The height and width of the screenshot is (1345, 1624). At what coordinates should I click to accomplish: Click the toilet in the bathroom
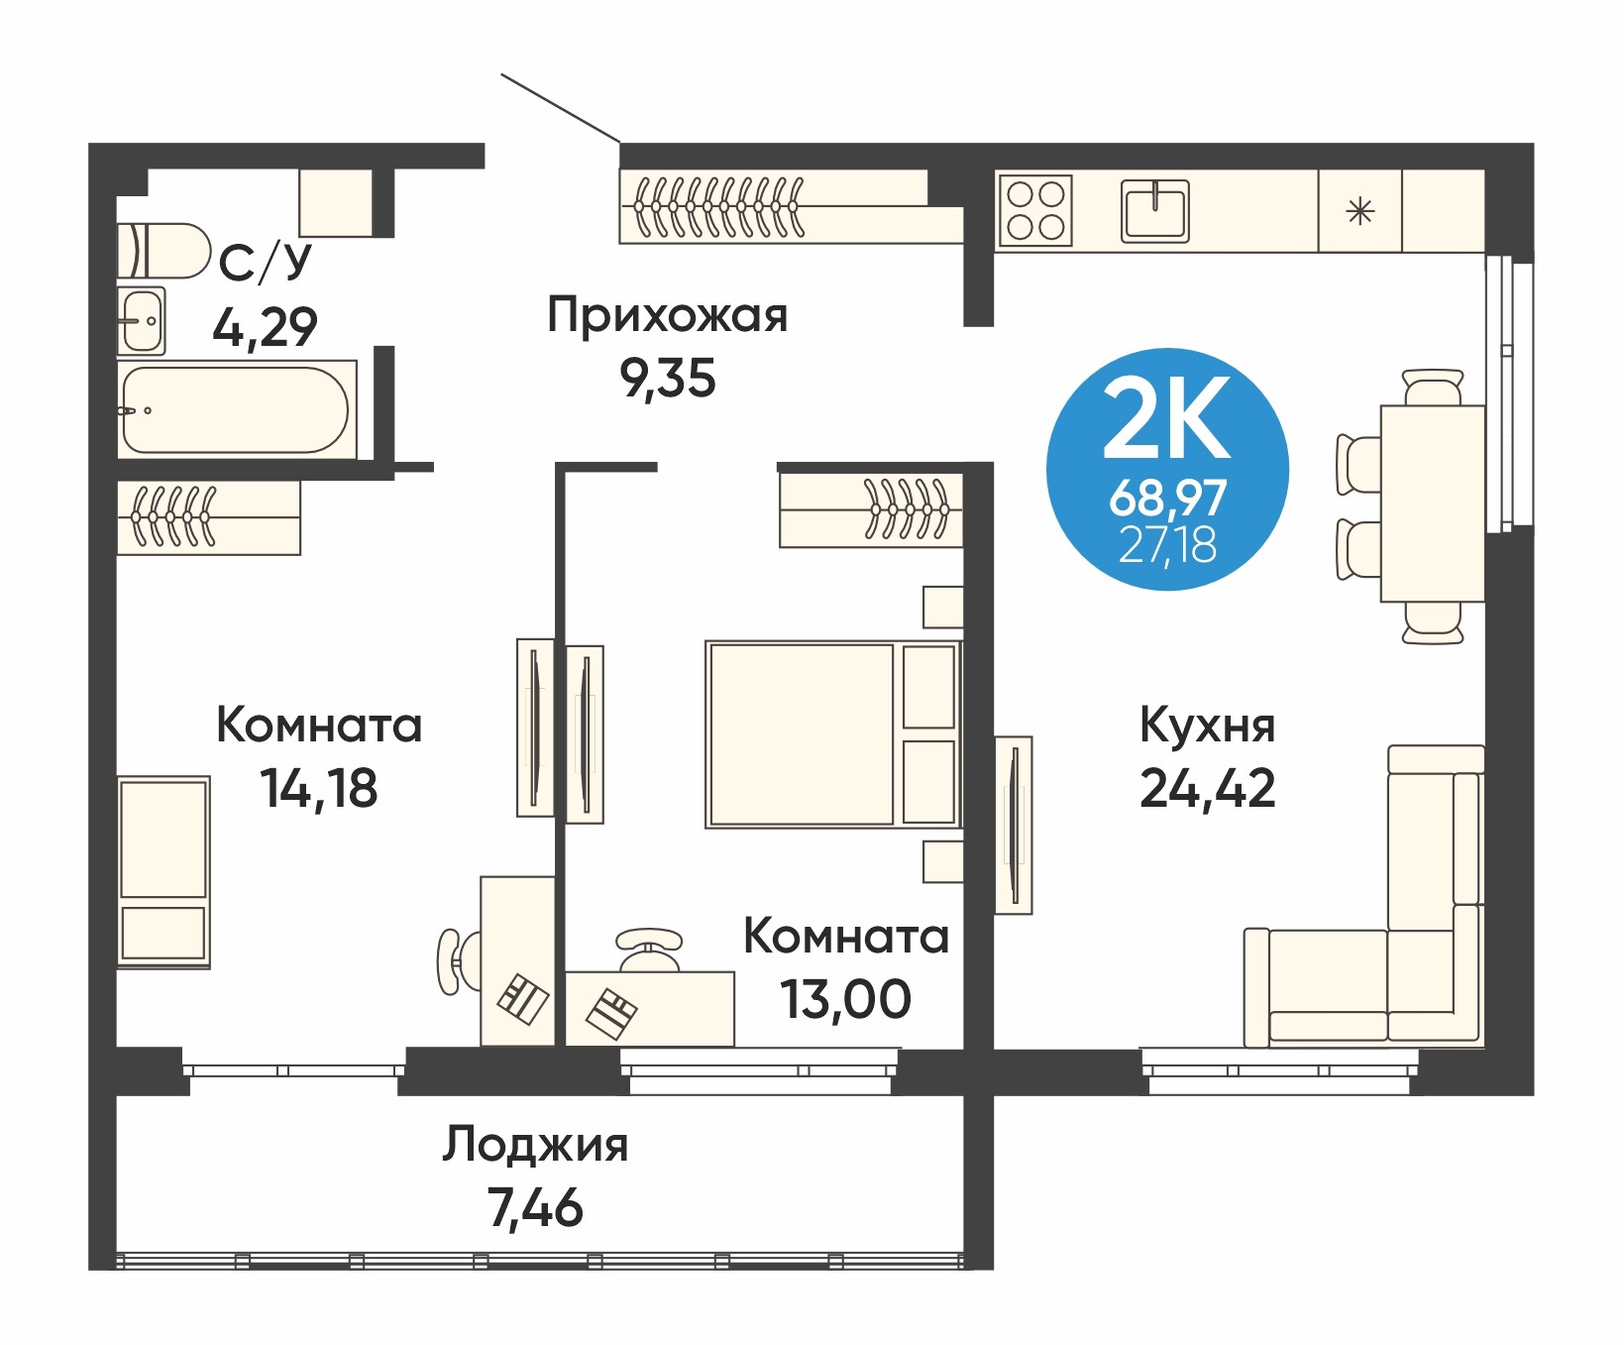tap(163, 251)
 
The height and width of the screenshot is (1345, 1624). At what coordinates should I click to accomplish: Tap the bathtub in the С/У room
tap(236, 409)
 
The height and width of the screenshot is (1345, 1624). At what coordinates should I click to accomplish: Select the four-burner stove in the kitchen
tap(1035, 209)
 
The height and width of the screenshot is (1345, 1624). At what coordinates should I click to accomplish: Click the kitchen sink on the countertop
tap(1154, 210)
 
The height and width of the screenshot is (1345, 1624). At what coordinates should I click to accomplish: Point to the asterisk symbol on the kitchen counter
tap(1360, 211)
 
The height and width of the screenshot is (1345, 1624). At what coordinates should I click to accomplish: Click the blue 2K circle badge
tap(1167, 469)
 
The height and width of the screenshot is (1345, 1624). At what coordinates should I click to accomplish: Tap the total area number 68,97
tap(1168, 498)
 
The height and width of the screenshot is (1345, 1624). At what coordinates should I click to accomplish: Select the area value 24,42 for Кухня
tap(1208, 789)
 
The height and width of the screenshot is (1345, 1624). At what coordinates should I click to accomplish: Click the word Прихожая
tap(668, 316)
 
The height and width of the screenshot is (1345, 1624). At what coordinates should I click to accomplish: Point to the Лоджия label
tap(535, 1145)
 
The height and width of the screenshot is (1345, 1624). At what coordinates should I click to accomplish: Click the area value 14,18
tap(319, 789)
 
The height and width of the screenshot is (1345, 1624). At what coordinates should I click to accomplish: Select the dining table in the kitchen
tap(1433, 504)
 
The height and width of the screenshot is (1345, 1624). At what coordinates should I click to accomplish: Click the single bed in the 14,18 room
tap(163, 871)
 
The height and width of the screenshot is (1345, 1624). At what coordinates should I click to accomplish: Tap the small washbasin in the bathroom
tap(142, 321)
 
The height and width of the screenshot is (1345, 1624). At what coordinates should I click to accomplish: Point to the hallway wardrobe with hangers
tap(792, 207)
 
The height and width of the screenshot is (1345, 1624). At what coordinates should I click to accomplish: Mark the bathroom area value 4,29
tap(265, 327)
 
